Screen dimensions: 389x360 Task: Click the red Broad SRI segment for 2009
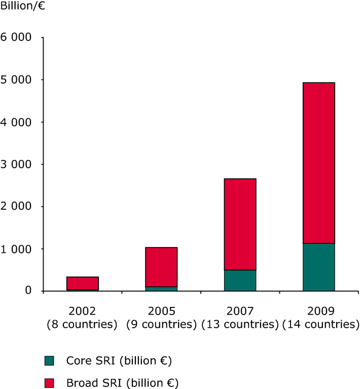318,163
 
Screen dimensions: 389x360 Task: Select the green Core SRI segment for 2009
318,267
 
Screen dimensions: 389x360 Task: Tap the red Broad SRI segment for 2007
240,224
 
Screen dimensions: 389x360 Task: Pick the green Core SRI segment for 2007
240,280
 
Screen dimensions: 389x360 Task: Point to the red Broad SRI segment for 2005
161,267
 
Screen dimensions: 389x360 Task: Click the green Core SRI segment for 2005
161,289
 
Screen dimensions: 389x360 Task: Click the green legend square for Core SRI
49,361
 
